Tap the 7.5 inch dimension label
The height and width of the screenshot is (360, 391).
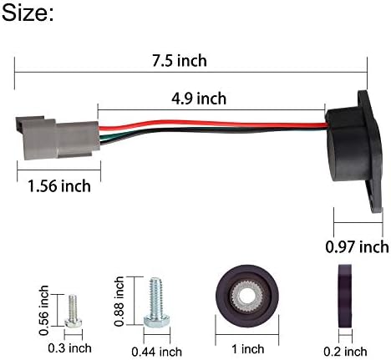tap(180, 61)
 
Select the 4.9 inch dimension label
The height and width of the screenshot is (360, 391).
tap(199, 99)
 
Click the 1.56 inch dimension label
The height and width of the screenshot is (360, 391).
tap(59, 186)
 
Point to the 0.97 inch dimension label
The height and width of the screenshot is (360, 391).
tap(357, 247)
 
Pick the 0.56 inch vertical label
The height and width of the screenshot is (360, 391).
tap(44, 310)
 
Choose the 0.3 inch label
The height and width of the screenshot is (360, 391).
tap(69, 348)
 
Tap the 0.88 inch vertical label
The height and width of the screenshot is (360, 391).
tap(119, 301)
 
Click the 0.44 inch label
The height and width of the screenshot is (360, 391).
tap(157, 352)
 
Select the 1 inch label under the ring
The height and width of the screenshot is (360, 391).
tap(248, 349)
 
